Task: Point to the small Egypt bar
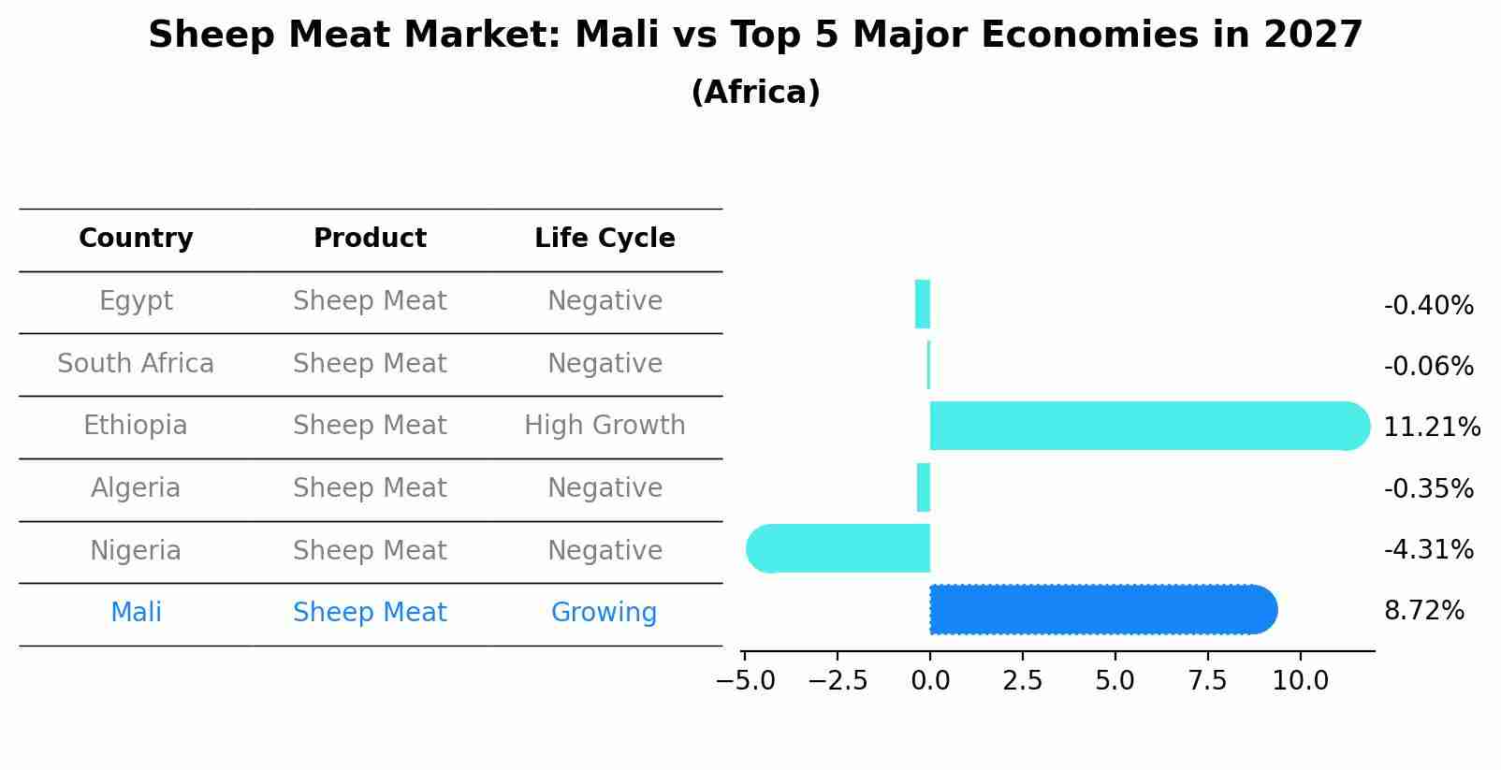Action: click(x=923, y=304)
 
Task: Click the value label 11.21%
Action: click(x=1431, y=428)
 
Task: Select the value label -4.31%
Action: click(x=1428, y=549)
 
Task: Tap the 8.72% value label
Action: click(x=1423, y=611)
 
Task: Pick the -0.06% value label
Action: click(x=1428, y=367)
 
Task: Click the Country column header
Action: click(x=136, y=239)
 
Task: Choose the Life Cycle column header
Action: click(x=605, y=239)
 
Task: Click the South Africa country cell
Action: click(x=136, y=364)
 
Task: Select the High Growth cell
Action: click(x=605, y=426)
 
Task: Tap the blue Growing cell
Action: click(x=604, y=613)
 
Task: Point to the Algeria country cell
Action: click(x=136, y=488)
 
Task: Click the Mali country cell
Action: click(x=136, y=613)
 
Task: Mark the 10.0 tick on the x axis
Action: click(x=1300, y=681)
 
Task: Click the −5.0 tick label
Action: click(x=745, y=681)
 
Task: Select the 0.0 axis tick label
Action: click(x=930, y=681)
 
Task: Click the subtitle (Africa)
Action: click(x=755, y=93)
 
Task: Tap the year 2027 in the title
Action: click(x=1313, y=36)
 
